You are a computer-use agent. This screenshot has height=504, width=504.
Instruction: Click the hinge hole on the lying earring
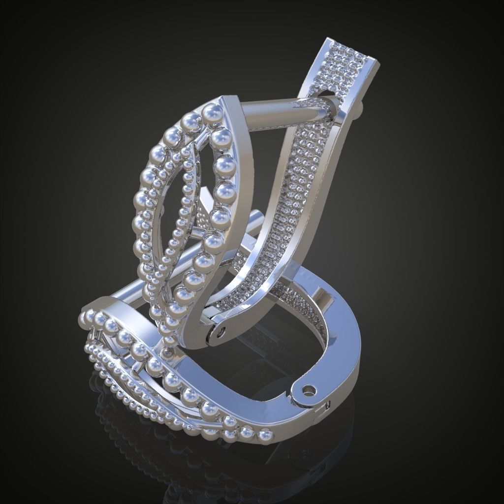309,390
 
